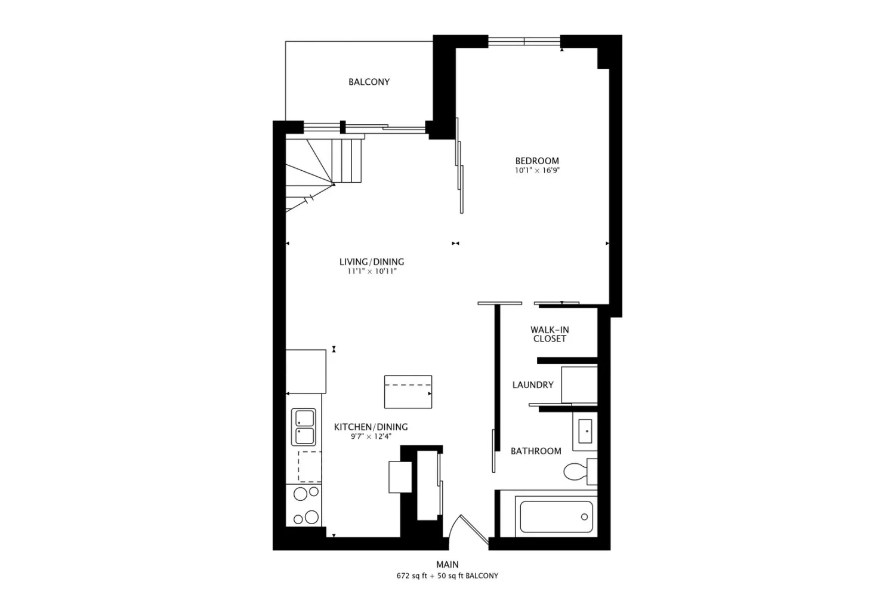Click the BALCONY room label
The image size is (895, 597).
(369, 82)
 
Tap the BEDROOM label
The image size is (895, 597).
(537, 161)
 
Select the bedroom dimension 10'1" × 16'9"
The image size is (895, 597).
(537, 171)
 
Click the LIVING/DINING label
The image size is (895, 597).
(372, 262)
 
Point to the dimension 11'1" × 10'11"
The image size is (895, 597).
(372, 272)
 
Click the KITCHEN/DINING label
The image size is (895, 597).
(371, 427)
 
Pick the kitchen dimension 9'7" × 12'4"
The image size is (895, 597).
(371, 436)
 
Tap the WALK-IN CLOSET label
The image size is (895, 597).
(550, 334)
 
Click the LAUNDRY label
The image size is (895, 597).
(533, 385)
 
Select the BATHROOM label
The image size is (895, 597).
(536, 451)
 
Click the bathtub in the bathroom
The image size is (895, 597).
(556, 516)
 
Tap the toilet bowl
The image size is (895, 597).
(575, 472)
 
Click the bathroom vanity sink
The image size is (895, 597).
(585, 432)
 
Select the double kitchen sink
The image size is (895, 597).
(304, 427)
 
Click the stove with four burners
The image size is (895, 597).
(304, 505)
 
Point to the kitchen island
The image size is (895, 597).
(408, 392)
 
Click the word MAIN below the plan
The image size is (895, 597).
(447, 565)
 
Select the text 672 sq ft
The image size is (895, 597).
(412, 576)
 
